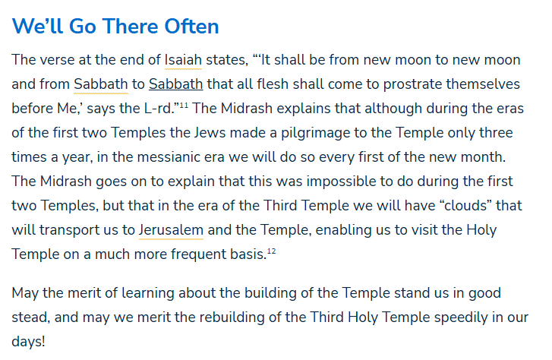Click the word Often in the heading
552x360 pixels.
point(188,27)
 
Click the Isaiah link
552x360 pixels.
point(182,60)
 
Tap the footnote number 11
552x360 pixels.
point(184,105)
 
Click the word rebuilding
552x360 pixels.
point(255,317)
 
